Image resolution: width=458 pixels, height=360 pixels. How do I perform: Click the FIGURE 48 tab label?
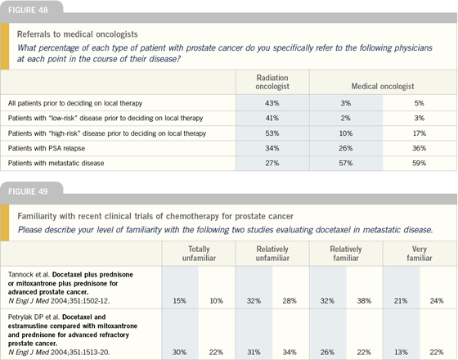[28, 10]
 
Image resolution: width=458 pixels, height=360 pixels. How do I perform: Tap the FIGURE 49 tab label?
[28, 191]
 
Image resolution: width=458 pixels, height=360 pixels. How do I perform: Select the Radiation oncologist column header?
[272, 82]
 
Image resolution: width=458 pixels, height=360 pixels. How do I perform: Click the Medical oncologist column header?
[383, 86]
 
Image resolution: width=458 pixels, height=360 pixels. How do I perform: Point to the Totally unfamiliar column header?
[199, 254]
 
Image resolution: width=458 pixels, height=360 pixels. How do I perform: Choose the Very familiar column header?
[420, 254]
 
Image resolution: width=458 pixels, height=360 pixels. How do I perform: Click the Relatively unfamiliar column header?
[272, 254]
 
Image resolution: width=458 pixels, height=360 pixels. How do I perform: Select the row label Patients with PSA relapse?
[47, 148]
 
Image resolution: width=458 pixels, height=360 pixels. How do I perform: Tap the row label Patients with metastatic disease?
[56, 164]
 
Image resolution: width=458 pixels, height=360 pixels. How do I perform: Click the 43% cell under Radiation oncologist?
[272, 103]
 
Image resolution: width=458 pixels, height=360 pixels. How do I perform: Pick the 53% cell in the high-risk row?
[272, 133]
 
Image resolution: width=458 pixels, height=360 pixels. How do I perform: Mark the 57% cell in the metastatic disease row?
[345, 164]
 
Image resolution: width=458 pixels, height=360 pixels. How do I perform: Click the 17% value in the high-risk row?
[419, 133]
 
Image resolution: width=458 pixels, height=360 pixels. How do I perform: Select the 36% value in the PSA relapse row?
[419, 148]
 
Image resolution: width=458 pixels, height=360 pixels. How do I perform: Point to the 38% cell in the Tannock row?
[364, 301]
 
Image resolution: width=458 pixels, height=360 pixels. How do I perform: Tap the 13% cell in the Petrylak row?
[401, 353]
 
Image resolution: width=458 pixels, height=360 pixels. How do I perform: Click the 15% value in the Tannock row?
[179, 301]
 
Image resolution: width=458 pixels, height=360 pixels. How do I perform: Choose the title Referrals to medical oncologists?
[78, 34]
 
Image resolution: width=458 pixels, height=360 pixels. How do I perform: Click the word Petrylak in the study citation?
[20, 317]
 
